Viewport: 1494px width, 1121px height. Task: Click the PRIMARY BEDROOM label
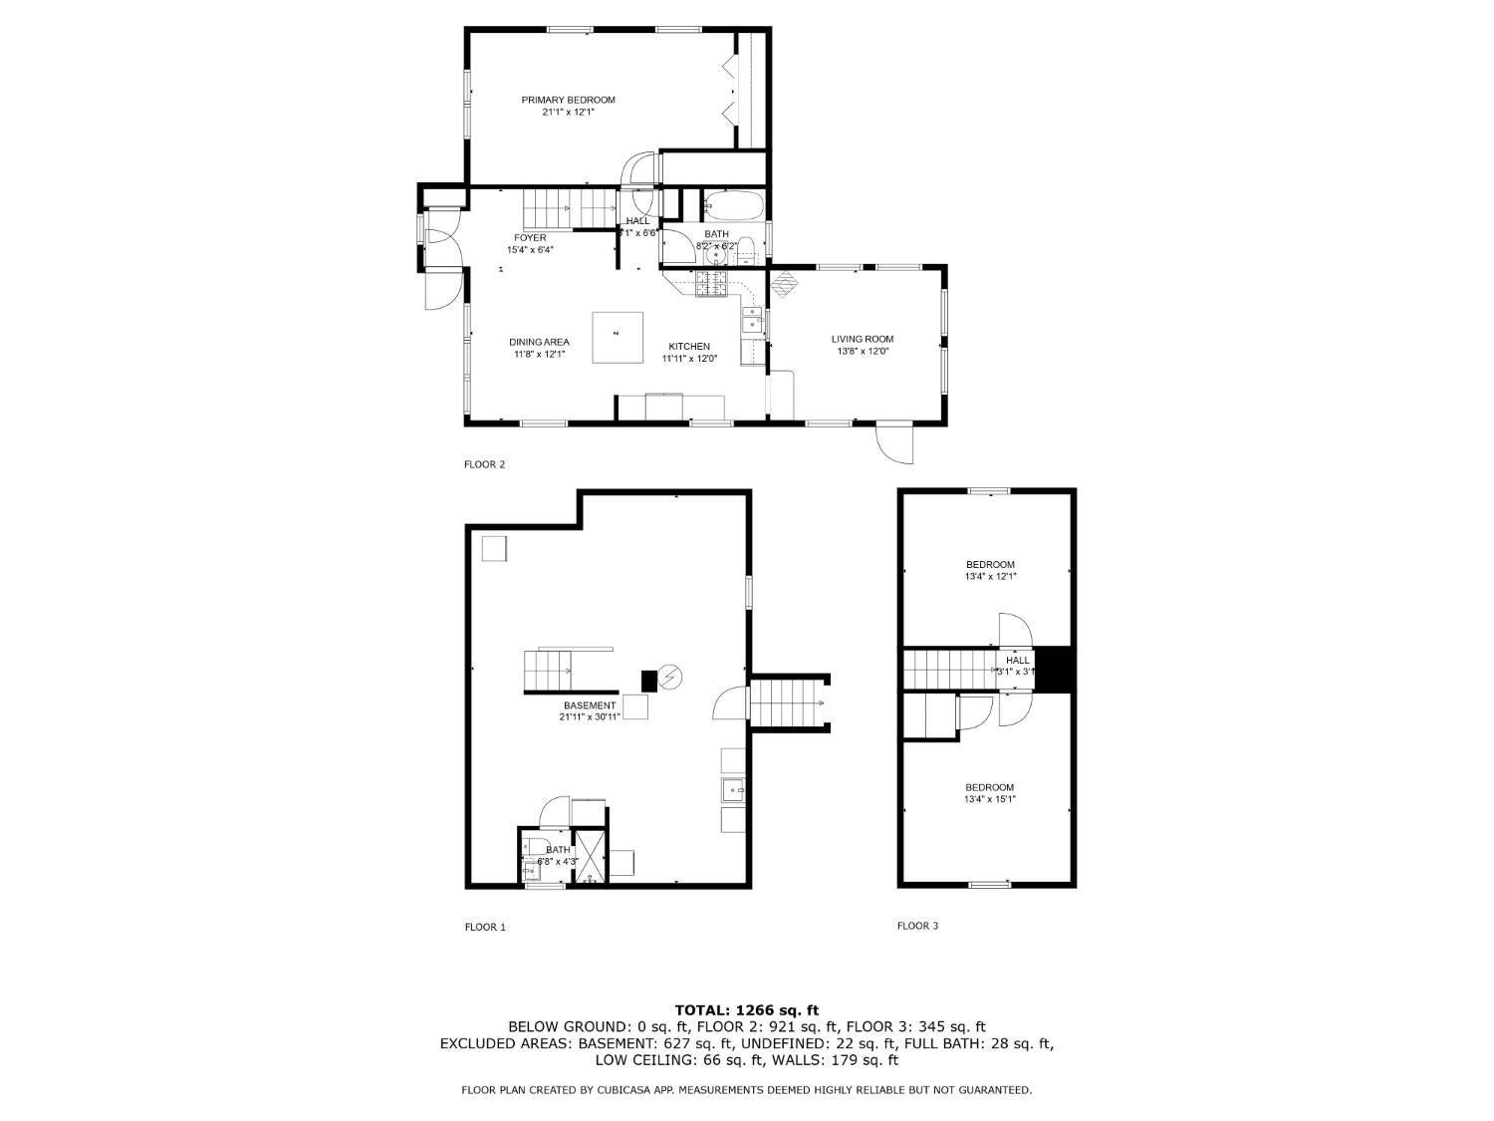click(568, 100)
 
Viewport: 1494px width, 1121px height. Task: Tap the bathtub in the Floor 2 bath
click(734, 206)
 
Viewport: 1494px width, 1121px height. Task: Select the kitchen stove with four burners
click(712, 285)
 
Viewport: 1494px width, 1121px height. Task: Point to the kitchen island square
click(618, 338)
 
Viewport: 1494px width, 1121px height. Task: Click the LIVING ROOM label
click(863, 339)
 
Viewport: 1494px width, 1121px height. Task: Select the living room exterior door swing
click(895, 443)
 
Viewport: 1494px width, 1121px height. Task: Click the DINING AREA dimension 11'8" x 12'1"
click(539, 355)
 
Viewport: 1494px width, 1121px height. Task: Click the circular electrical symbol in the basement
click(671, 678)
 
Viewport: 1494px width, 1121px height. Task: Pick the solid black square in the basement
click(648, 681)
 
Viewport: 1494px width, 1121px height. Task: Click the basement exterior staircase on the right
click(789, 702)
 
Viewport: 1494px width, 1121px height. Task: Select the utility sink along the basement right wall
click(733, 791)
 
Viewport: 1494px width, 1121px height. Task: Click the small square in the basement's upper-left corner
click(494, 549)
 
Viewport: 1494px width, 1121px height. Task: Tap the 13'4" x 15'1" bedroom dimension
click(989, 799)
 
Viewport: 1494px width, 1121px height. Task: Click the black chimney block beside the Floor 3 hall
click(1055, 669)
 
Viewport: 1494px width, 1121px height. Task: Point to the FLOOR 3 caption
click(917, 926)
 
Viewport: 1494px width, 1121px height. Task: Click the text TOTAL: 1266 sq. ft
click(746, 1010)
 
